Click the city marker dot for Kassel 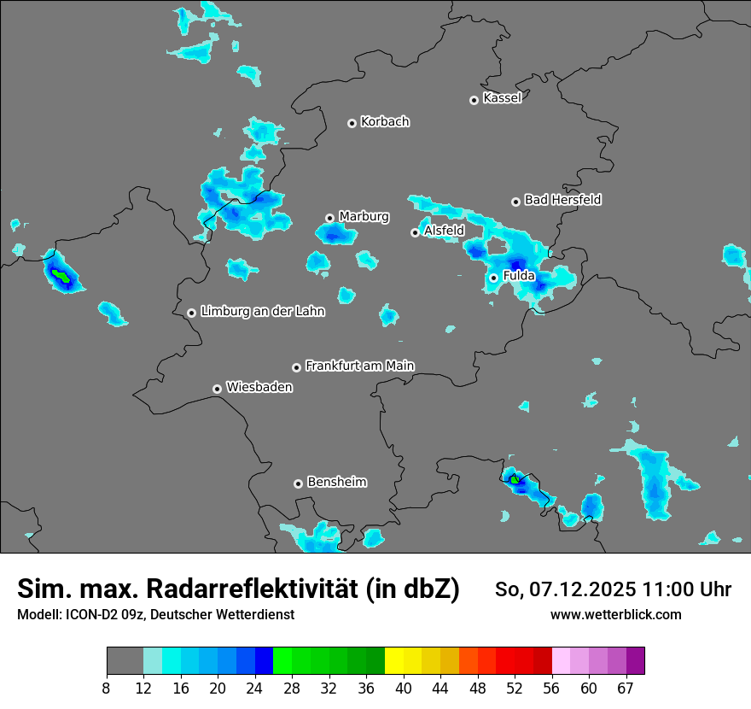coord(474,100)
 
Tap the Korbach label coord(385,122)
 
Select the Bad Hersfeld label coord(562,200)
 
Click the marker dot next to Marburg coord(329,218)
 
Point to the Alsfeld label coord(444,231)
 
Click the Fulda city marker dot coord(493,278)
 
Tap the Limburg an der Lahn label coord(262,312)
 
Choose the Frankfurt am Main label coord(359,366)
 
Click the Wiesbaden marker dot coord(218,389)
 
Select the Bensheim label coord(336,482)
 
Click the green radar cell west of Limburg coord(61,276)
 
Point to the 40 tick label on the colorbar coord(404,688)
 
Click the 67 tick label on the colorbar coord(626,688)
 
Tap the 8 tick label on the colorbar coord(107,688)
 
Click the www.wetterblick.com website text coord(616,614)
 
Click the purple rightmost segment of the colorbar coord(635,661)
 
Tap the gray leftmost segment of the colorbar coord(125,661)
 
